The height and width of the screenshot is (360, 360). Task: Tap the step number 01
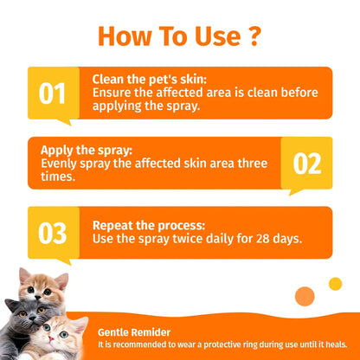(x=53, y=93)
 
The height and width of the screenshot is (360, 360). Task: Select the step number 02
(x=306, y=164)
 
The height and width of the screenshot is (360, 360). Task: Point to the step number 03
(x=53, y=233)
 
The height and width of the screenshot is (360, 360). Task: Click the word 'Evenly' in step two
(x=56, y=162)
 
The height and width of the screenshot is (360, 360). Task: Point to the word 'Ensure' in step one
(x=112, y=92)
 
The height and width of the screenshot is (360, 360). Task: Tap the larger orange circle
(x=305, y=296)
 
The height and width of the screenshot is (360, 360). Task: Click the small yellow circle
(x=335, y=284)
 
